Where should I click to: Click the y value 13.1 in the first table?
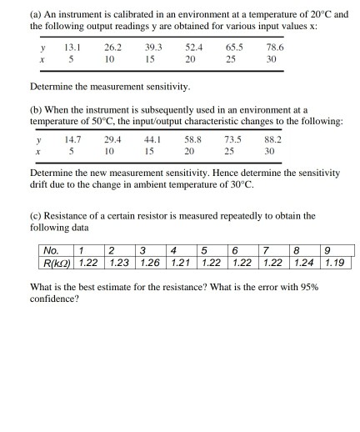(x=72, y=48)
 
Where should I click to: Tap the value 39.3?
(x=152, y=48)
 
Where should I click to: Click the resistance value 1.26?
(x=150, y=263)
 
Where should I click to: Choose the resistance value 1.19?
(x=336, y=263)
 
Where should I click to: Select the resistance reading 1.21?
(x=181, y=263)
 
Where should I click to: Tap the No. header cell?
(x=50, y=249)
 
